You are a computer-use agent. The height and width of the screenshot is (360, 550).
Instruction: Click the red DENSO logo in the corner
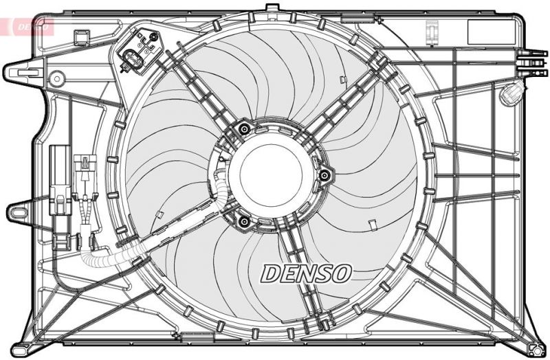click(x=27, y=27)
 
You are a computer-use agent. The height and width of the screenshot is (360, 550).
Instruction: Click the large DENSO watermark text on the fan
click(x=306, y=273)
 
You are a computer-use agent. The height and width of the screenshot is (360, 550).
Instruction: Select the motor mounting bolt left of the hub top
click(x=243, y=128)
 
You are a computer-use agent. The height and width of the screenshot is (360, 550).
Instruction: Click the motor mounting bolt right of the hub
click(x=323, y=176)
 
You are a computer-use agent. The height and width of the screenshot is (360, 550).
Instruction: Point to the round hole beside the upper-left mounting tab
click(x=56, y=78)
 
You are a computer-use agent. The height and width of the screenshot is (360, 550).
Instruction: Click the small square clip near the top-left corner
click(x=82, y=35)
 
